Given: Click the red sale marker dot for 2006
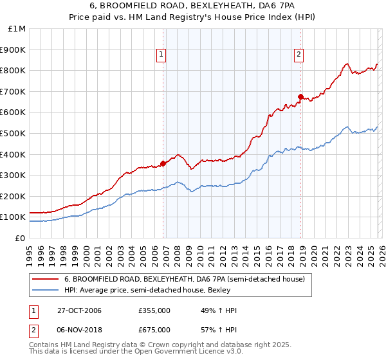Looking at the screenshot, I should pyautogui.click(x=163, y=163).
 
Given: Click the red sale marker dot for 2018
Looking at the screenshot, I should pyautogui.click(x=300, y=96).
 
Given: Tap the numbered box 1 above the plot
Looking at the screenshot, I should pyautogui.click(x=160, y=55).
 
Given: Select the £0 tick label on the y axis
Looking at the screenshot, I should pyautogui.click(x=20, y=238).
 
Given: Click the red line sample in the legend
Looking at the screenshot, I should pyautogui.click(x=45, y=280).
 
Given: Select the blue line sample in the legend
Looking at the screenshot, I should pyautogui.click(x=45, y=290).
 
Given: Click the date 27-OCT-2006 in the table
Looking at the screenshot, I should pyautogui.click(x=79, y=310).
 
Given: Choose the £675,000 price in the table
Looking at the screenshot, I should pyautogui.click(x=154, y=330).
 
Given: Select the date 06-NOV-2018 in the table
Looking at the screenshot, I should pyautogui.click(x=79, y=330).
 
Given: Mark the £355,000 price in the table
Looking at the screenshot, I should pyautogui.click(x=154, y=310).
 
